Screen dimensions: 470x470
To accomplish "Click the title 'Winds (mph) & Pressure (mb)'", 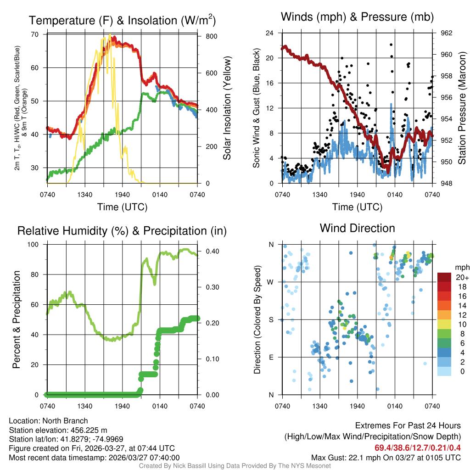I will [357, 17].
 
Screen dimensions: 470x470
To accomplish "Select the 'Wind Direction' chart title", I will [357, 228].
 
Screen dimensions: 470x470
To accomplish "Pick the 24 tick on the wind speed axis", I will [270, 33].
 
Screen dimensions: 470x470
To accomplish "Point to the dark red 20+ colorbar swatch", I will [444, 278].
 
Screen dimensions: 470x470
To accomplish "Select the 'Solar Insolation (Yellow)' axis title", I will [227, 108].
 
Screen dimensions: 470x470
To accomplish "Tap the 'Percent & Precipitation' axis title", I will [17, 319].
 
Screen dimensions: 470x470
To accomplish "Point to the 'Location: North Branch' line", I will [48, 421].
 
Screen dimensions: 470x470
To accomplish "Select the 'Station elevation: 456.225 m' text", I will [58, 430].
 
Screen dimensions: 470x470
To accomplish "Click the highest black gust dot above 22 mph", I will [391, 45].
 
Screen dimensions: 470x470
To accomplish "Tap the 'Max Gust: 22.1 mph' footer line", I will [386, 458].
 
